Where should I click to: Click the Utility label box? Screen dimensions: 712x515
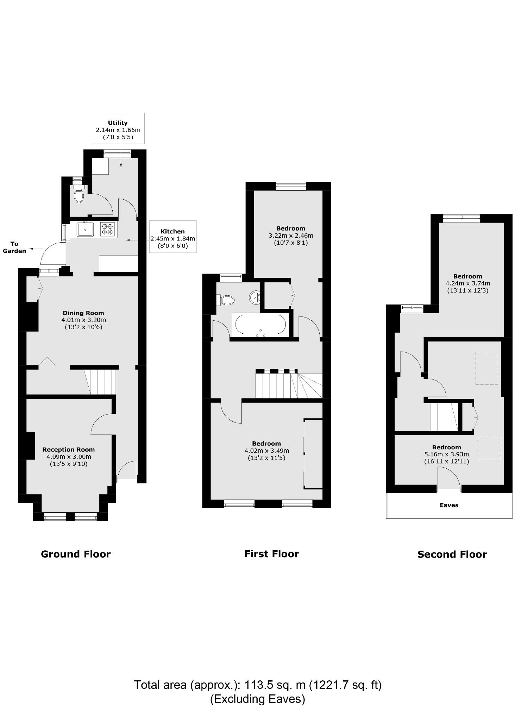[x=118, y=129]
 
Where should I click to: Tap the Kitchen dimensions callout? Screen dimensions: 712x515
[x=172, y=237]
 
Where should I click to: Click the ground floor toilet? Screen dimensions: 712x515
[x=79, y=195]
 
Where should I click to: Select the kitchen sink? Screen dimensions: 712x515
[x=85, y=230]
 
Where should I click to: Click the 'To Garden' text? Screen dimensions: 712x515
[x=14, y=247]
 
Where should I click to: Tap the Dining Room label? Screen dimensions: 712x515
[x=83, y=320]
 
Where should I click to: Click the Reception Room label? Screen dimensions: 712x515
[x=69, y=456]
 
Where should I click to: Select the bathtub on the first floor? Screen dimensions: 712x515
[x=260, y=325]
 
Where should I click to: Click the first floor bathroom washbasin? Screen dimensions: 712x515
[x=255, y=297]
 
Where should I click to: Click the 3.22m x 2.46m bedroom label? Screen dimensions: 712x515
[x=291, y=235]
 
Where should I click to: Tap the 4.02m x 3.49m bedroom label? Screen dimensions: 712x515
[x=266, y=450]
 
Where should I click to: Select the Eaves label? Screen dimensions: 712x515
[x=449, y=505]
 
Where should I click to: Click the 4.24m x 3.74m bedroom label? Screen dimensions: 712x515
[x=467, y=283]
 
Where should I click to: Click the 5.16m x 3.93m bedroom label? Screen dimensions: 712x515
[x=446, y=454]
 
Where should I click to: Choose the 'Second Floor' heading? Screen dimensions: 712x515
[x=452, y=554]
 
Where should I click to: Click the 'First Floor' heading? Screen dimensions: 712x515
[x=271, y=554]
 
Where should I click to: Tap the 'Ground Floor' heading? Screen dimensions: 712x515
[x=76, y=554]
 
